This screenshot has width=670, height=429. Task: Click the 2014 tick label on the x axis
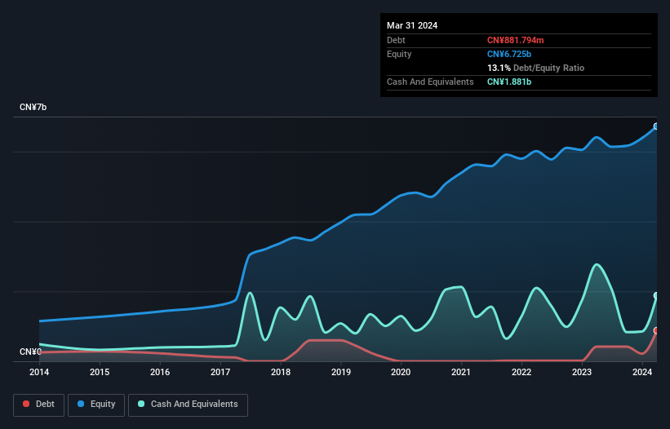click(39, 372)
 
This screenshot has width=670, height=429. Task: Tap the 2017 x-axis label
click(220, 372)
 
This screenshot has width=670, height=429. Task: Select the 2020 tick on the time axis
click(401, 372)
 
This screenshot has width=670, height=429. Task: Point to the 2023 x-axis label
click(582, 372)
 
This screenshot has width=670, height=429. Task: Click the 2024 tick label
click(642, 372)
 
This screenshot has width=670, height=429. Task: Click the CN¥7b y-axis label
click(33, 108)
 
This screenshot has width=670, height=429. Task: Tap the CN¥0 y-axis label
click(31, 352)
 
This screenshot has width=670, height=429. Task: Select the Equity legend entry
click(96, 405)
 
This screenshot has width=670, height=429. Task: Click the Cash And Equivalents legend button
click(188, 405)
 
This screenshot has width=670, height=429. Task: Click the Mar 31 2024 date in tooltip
click(412, 25)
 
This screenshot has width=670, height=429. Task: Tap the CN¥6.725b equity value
click(510, 54)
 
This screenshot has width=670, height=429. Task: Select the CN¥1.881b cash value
click(510, 82)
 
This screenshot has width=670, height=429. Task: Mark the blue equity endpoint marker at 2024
click(655, 126)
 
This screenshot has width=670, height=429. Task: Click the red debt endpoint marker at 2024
click(655, 330)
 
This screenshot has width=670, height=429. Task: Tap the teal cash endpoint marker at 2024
click(655, 295)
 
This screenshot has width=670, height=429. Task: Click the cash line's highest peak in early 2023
click(597, 264)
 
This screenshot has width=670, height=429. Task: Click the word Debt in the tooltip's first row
click(396, 40)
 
